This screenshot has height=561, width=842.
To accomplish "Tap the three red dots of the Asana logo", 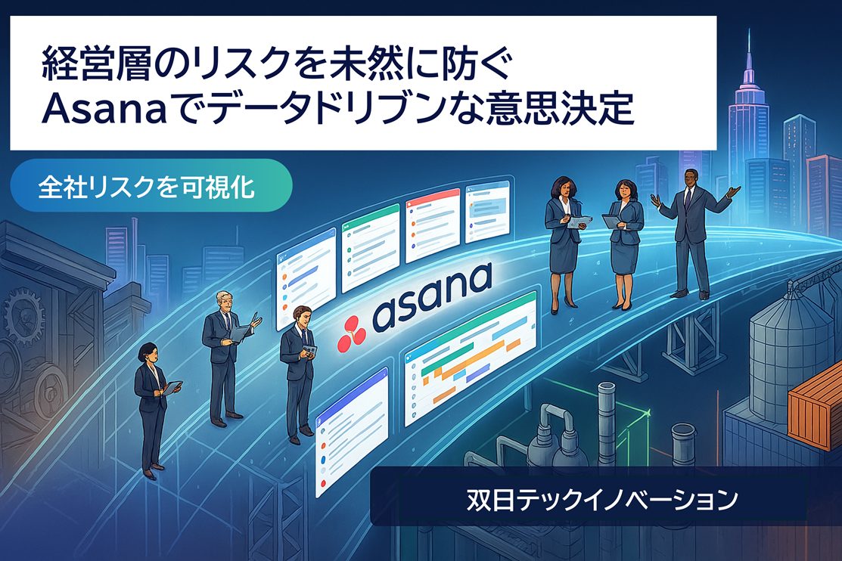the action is click(351, 333).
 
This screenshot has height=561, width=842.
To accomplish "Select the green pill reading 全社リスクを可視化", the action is click(151, 186).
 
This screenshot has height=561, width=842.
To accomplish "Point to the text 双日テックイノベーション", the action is click(602, 499).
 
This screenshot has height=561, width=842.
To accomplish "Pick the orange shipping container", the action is click(815, 406).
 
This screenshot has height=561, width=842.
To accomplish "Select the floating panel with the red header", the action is click(432, 225).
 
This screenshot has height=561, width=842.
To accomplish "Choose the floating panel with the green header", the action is click(371, 247).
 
